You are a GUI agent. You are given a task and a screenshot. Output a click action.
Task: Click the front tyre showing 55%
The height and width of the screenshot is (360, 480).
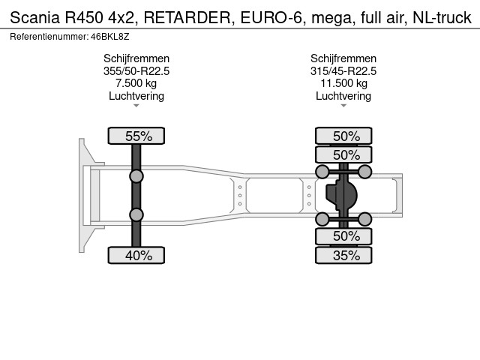[x=136, y=136]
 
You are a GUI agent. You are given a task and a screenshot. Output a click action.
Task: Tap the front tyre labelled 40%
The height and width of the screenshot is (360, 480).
[x=136, y=255]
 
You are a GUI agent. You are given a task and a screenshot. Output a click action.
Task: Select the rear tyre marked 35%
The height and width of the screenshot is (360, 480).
[x=343, y=255]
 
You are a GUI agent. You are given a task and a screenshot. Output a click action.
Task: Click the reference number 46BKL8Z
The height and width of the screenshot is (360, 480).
[x=110, y=37]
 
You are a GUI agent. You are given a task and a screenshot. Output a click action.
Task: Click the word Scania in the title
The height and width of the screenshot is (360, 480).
[x=35, y=17]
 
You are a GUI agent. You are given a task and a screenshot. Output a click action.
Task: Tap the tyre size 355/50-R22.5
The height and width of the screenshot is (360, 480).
[x=136, y=71]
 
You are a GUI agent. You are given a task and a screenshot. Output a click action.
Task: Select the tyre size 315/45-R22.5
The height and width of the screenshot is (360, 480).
[x=343, y=71]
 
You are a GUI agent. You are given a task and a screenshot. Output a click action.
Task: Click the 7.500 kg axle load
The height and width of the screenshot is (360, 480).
[x=136, y=83]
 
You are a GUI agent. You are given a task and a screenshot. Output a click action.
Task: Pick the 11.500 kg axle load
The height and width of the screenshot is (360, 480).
[x=343, y=83]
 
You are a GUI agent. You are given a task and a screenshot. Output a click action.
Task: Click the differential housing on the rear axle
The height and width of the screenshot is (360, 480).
[x=341, y=195]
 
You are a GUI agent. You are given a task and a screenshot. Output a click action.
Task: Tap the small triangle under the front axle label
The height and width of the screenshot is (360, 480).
[x=136, y=106]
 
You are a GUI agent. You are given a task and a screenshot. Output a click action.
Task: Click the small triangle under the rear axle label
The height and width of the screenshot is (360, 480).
[x=343, y=106]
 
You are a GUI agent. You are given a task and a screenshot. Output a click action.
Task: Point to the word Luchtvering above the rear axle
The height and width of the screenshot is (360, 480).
[x=343, y=96]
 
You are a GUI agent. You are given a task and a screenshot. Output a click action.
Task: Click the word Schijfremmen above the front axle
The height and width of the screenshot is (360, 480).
[x=136, y=58]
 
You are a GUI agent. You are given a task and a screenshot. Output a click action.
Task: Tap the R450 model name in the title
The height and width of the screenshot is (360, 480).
[x=83, y=17]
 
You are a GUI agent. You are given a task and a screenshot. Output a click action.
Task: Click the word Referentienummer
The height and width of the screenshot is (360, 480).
[x=49, y=37]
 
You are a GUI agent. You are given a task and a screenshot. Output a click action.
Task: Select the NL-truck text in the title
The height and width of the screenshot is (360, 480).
[x=442, y=17]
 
